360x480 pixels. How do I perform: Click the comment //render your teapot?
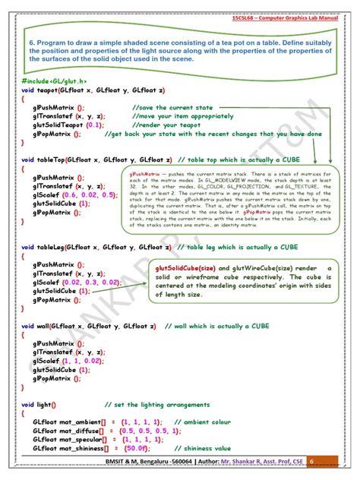coord(159,125)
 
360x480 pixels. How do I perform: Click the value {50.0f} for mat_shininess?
coord(133,448)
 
